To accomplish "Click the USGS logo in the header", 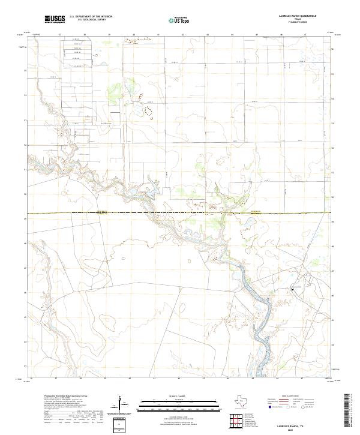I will [x=55, y=19].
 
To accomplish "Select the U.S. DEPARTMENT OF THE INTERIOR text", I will [x=91, y=17].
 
